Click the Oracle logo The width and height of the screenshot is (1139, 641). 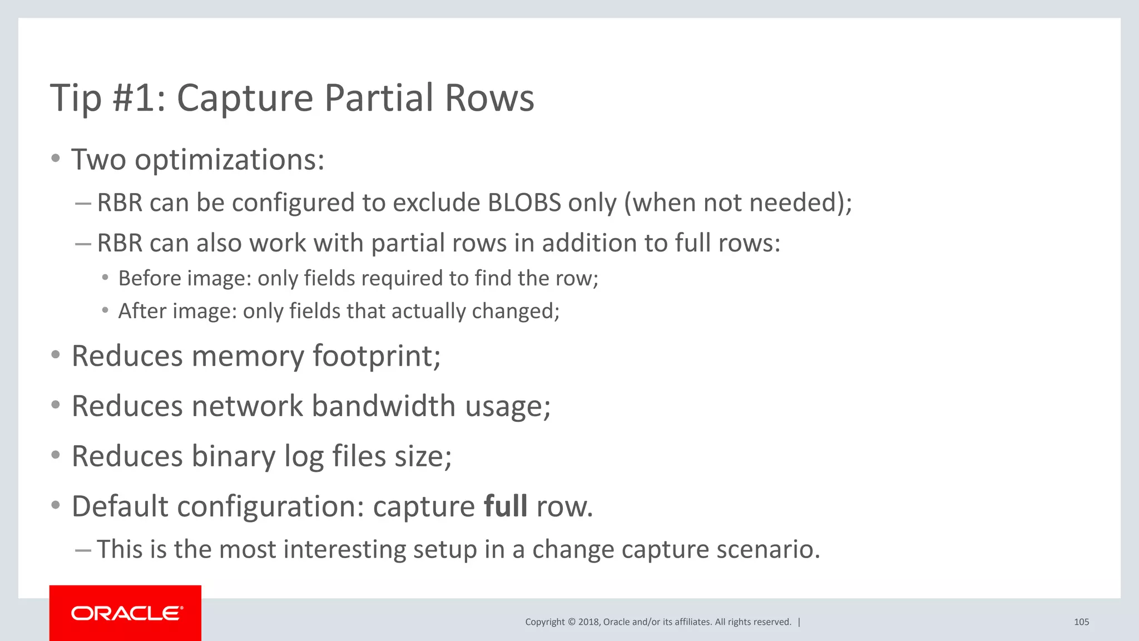pyautogui.click(x=126, y=613)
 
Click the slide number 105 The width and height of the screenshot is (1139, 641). pyautogui.click(x=1081, y=622)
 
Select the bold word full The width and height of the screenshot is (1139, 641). pyautogui.click(x=505, y=506)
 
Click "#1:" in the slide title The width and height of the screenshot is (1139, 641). pyautogui.click(x=139, y=98)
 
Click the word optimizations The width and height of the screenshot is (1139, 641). pyautogui.click(x=229, y=160)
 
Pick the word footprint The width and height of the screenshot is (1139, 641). pyautogui.click(x=377, y=356)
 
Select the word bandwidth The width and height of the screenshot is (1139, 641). pyautogui.click(x=384, y=406)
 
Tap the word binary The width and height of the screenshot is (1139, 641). pyautogui.click(x=234, y=456)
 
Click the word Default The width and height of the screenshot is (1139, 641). pyautogui.click(x=120, y=506)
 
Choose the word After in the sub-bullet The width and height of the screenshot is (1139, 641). pyautogui.click(x=137, y=311)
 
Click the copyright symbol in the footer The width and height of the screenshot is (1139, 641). pyautogui.click(x=571, y=622)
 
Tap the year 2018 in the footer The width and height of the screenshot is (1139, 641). pyautogui.click(x=588, y=622)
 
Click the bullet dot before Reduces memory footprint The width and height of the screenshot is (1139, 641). pyautogui.click(x=55, y=355)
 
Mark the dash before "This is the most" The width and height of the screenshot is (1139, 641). pyautogui.click(x=83, y=550)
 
